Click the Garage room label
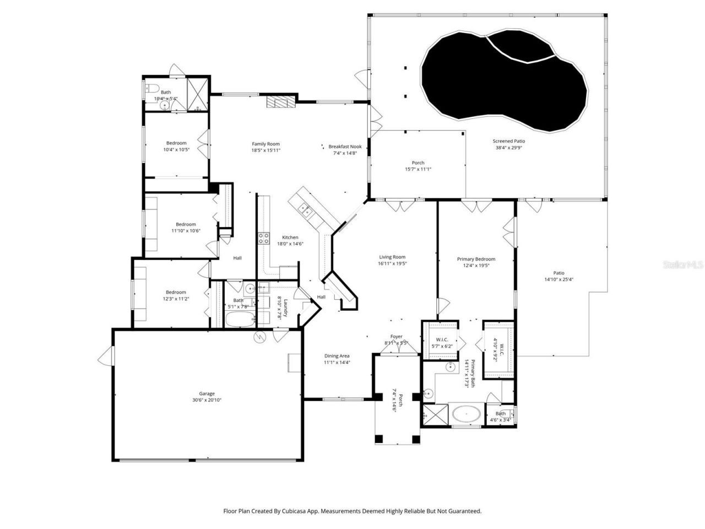(x=207, y=393)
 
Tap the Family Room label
(x=266, y=144)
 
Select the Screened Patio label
(x=508, y=141)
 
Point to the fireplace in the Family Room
(x=281, y=102)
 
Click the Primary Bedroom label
(x=476, y=259)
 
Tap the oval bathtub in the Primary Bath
(x=467, y=413)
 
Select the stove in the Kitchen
(x=264, y=238)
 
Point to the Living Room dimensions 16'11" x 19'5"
(x=392, y=264)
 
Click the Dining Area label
(x=337, y=356)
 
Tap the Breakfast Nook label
(x=345, y=147)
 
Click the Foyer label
(x=396, y=337)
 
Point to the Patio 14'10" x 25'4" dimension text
(x=558, y=279)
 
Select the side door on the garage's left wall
(x=104, y=358)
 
